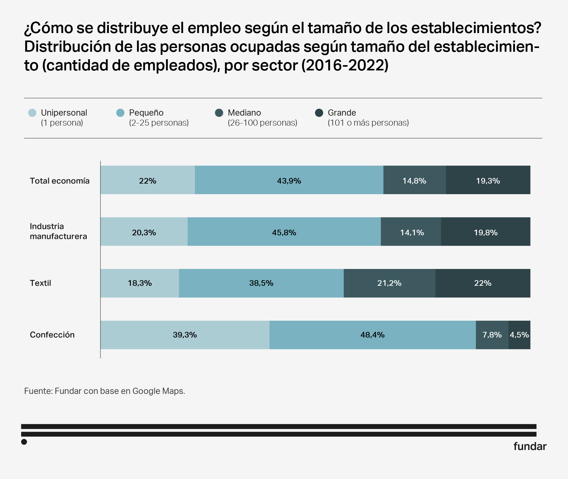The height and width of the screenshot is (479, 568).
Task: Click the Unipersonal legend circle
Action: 32,113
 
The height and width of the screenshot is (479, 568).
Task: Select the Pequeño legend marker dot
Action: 120,113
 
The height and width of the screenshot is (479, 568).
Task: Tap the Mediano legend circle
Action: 219,113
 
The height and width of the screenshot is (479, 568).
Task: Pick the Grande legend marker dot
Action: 319,113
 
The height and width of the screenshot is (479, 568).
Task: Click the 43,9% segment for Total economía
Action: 289,180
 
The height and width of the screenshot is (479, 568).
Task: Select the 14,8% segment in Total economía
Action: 414,180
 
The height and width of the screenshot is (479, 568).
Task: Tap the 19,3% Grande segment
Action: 488,180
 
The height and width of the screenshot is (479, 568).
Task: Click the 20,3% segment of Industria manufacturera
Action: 144,232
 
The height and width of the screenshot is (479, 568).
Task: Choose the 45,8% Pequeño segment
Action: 284,232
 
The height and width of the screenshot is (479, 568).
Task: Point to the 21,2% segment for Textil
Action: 389,283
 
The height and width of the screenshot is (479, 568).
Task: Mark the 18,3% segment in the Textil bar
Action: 139,283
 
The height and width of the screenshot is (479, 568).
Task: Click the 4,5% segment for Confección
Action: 519,335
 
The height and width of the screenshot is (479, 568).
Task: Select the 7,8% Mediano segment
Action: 492,335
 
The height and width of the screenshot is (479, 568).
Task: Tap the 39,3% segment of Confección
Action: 185,335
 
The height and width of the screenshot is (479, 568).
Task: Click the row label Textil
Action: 41,283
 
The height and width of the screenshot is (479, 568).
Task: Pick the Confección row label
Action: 52,335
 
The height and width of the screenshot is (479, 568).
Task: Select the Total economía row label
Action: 60,181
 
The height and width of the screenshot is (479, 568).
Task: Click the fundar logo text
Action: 530,446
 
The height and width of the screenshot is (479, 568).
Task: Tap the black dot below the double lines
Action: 24,442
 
